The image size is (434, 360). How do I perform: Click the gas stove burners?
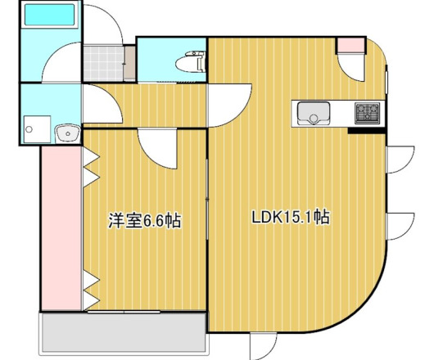[366, 112]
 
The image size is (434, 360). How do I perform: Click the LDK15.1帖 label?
[290, 218]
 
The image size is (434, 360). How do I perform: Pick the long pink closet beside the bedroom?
[61, 229]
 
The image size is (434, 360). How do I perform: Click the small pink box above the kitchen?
[350, 45]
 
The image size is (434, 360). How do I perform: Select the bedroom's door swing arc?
[155, 147]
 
